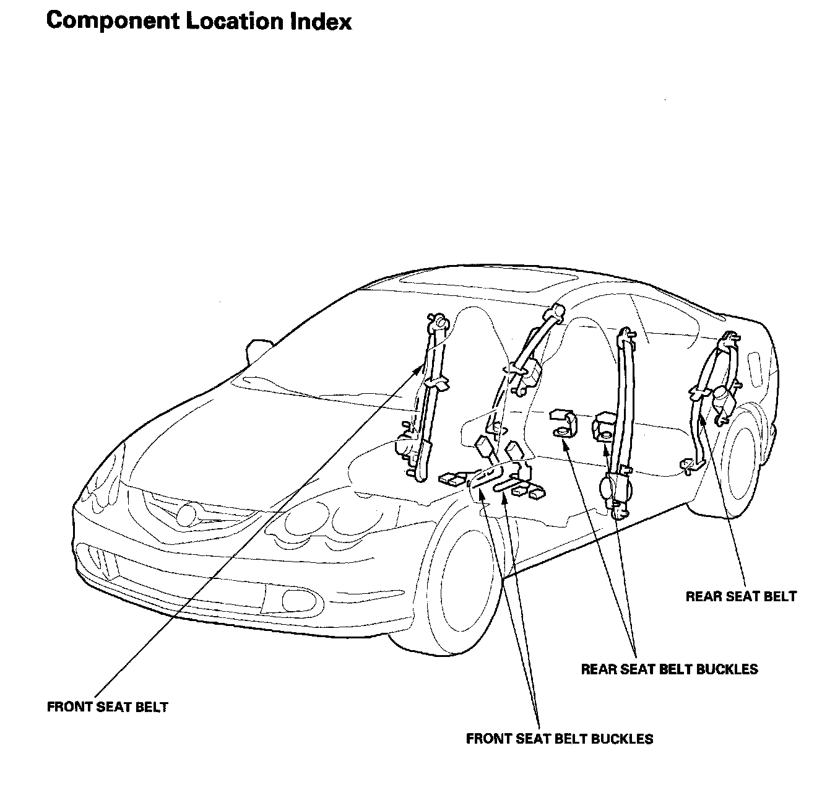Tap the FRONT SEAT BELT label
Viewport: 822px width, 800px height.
click(x=108, y=707)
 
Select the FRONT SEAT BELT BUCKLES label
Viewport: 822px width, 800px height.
click(x=560, y=739)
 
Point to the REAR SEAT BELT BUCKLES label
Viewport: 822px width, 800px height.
click(x=669, y=669)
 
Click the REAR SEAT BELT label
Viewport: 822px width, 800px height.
click(x=741, y=597)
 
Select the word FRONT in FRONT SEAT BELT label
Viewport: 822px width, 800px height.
click(x=69, y=707)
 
